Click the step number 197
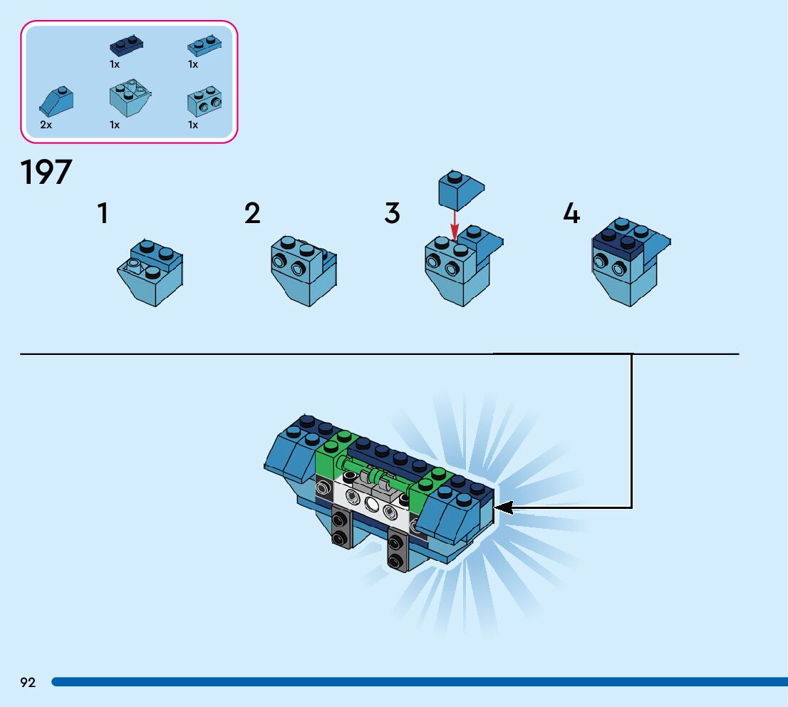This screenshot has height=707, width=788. (47, 172)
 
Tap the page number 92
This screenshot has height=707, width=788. (28, 683)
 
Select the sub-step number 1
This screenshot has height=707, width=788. (103, 214)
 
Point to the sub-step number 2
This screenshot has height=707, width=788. (252, 214)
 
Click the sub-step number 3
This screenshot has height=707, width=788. (392, 214)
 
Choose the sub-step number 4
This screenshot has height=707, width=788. (571, 214)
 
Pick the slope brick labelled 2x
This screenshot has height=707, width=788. (56, 102)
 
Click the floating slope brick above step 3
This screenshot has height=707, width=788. (460, 190)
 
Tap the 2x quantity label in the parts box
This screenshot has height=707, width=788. (46, 125)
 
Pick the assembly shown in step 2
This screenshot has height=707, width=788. (303, 271)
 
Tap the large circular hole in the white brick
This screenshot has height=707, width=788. (371, 504)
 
